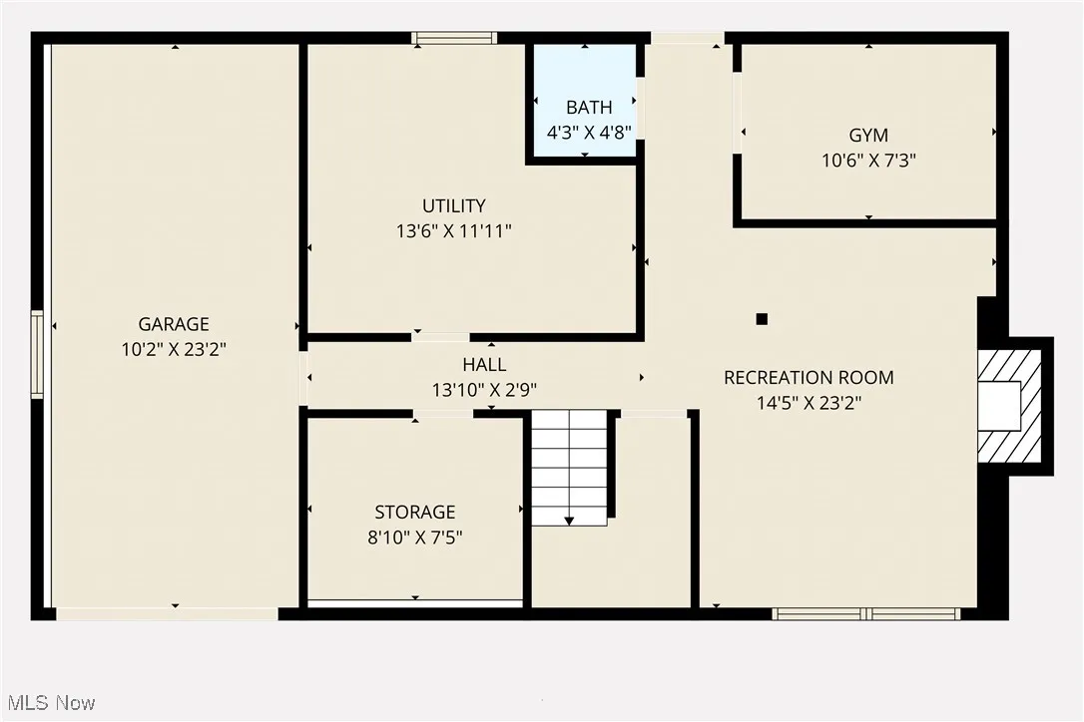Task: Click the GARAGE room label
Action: pos(174,324)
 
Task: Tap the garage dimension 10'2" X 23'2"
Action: pos(174,349)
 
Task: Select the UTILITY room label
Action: pos(454,206)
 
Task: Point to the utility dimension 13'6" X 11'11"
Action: pos(454,230)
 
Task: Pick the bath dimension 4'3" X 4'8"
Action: pos(589,132)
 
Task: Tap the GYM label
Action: pos(868,136)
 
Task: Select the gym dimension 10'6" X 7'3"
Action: pos(868,160)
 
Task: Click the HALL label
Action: pos(484,365)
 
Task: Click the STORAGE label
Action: pos(415,513)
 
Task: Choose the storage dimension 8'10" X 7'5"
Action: pos(415,538)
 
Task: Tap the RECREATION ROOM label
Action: pos(809,378)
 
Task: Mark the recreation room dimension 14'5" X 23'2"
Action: pos(809,403)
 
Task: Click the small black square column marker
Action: pos(762,319)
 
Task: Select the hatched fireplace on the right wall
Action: pos(1010,405)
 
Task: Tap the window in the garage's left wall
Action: pos(37,354)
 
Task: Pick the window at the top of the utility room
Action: pos(454,39)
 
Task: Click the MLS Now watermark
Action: pos(49,703)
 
